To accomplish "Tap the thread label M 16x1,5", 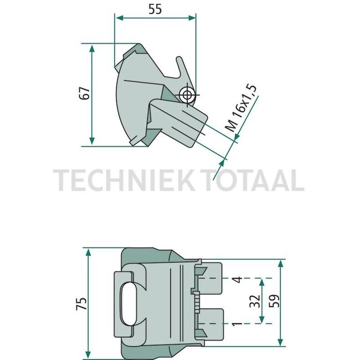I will pyautogui.click(x=241, y=109).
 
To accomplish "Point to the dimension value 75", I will pyautogui.click(x=81, y=304).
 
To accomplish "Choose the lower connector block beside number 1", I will pyautogui.click(x=213, y=322).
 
